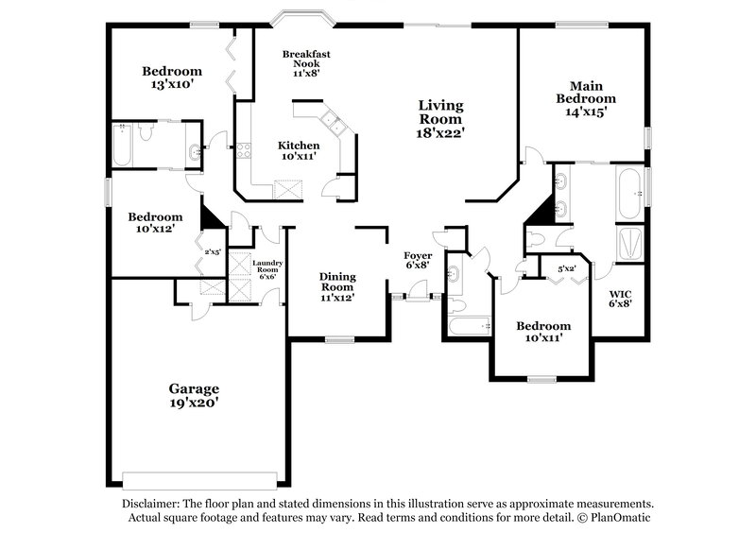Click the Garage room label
click(x=194, y=396)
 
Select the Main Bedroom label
click(x=585, y=97)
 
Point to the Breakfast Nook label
click(x=304, y=61)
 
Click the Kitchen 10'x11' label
click(x=298, y=151)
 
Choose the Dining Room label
click(x=336, y=285)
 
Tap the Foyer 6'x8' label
click(x=417, y=261)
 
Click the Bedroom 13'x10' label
click(x=172, y=77)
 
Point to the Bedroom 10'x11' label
click(x=542, y=332)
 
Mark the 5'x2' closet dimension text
click(x=567, y=269)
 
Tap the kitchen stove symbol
click(x=243, y=149)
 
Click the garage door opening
click(x=201, y=477)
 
